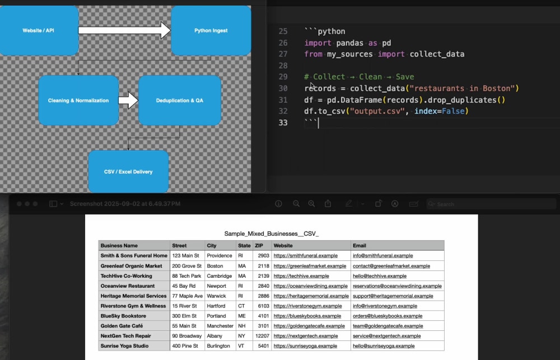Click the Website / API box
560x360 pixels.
tap(39, 30)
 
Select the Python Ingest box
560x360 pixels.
tap(211, 30)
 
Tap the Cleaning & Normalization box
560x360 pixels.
tap(78, 100)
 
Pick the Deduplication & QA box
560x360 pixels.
tap(179, 100)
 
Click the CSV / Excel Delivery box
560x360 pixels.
tap(128, 171)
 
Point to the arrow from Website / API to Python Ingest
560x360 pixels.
tap(125, 30)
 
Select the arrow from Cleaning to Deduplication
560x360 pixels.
tap(129, 100)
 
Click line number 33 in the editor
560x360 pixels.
tap(283, 123)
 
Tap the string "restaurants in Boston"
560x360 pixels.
tap(463, 88)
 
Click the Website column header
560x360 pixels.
tap(283, 246)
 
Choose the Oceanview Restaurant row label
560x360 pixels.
tap(128, 286)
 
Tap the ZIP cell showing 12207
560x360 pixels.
tap(262, 336)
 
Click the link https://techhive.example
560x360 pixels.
tap(301, 275)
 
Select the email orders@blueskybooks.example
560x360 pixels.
tap(388, 316)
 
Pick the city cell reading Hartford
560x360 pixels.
tap(216, 306)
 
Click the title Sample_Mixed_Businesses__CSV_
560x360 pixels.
tap(272, 233)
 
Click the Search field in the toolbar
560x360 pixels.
tap(492, 204)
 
